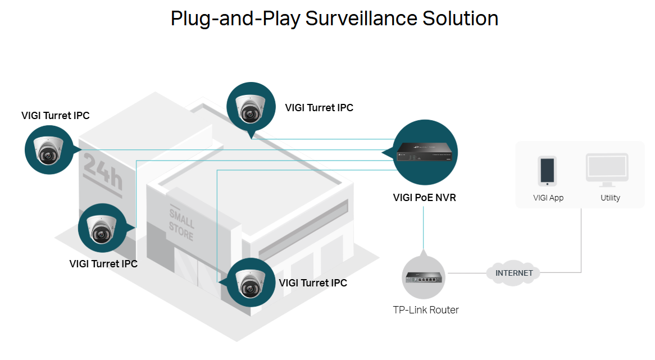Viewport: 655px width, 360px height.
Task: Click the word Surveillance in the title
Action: point(361,19)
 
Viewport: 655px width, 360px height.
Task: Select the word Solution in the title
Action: point(460,19)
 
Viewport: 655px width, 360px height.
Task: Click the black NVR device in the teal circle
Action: point(425,152)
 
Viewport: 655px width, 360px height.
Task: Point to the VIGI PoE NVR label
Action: point(425,198)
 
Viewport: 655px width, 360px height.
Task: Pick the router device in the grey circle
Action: point(424,277)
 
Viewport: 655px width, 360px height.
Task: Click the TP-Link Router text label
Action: point(426,310)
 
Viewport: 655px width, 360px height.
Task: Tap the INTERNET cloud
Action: point(514,273)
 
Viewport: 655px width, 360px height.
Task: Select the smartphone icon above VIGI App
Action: point(547,171)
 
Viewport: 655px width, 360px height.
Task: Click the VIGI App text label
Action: point(548,198)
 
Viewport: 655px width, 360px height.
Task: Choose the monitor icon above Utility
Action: point(607,170)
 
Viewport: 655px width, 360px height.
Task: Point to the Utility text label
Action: point(610,198)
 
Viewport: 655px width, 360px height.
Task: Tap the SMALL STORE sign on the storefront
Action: point(181,224)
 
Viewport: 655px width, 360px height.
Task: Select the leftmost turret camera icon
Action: point(49,150)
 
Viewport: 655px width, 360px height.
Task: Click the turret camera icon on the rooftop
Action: point(251,107)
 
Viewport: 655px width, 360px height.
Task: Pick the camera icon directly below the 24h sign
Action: point(102,228)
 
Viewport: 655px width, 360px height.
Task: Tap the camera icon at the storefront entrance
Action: point(251,282)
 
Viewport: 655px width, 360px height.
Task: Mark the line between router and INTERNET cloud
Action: point(467,273)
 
